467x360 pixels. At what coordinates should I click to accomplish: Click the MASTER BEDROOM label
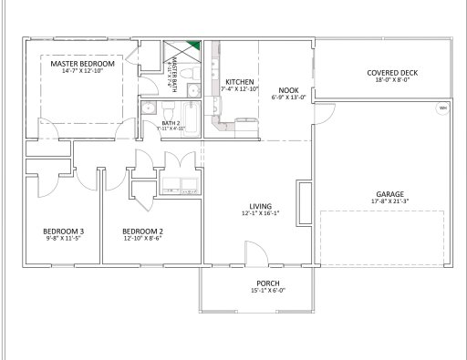(x=82, y=65)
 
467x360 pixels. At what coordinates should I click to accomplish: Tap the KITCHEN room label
(x=239, y=82)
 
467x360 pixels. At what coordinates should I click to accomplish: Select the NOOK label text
(x=288, y=90)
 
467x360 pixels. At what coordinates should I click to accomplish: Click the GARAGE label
(x=390, y=194)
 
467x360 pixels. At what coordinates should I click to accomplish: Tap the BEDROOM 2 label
(x=142, y=231)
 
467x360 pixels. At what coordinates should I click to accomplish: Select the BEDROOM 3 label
(x=64, y=231)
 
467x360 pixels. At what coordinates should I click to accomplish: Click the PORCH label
(x=267, y=283)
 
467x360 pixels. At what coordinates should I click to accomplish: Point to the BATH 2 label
(x=171, y=122)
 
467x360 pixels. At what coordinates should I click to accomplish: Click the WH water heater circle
(x=443, y=108)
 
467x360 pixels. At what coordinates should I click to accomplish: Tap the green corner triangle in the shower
(x=192, y=46)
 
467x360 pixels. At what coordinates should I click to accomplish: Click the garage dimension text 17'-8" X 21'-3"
(x=390, y=202)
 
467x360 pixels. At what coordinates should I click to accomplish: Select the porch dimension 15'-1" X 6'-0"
(x=267, y=291)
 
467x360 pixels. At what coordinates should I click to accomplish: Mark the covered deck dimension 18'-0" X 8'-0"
(x=393, y=80)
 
